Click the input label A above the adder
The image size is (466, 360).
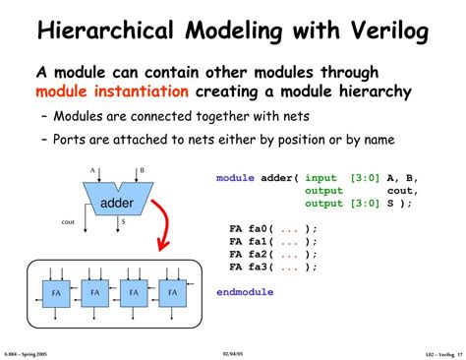(x=93, y=170)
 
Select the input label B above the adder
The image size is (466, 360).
(x=141, y=170)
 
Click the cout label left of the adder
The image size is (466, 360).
(x=68, y=222)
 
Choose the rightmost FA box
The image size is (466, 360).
(x=173, y=293)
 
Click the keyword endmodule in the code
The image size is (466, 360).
(x=245, y=292)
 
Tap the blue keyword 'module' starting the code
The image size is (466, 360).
(x=236, y=178)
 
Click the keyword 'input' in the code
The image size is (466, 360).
(x=323, y=178)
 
